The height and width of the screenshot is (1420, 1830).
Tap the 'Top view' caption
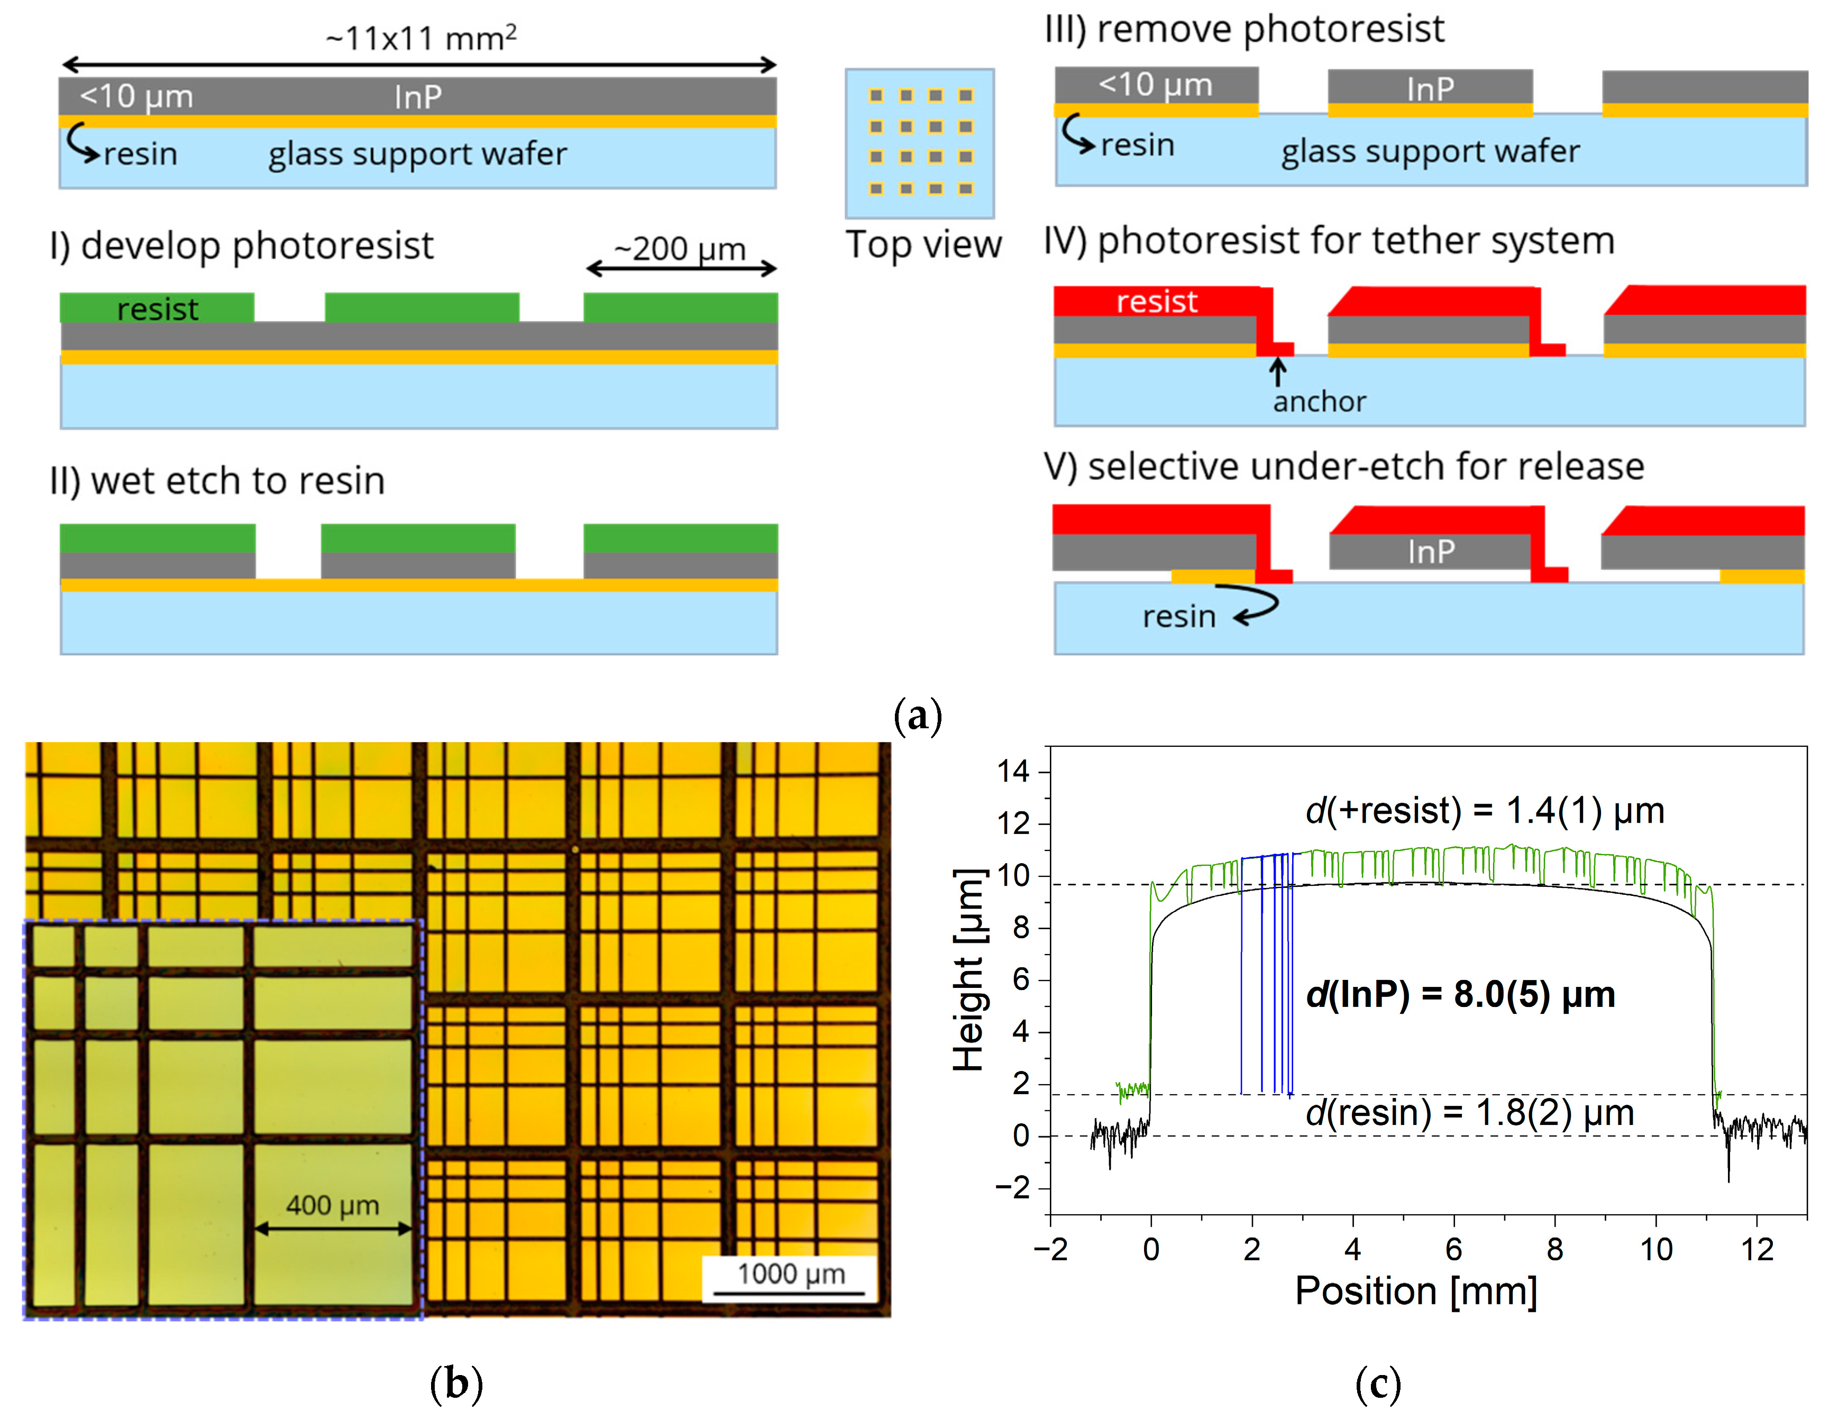point(923,245)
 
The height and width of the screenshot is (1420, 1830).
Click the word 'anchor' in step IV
point(1319,402)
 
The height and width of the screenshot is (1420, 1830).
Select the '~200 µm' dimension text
point(680,249)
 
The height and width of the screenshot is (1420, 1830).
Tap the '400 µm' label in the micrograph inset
point(333,1205)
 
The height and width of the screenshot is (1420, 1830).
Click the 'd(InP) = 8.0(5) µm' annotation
point(1460,994)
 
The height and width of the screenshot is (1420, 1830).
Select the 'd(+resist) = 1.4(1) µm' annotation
point(1484,810)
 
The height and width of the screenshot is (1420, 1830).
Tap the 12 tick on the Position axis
point(1757,1249)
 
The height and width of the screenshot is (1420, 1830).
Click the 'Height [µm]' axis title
point(968,970)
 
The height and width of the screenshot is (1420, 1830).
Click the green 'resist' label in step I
point(158,309)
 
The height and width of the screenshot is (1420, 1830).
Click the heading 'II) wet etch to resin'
point(217,481)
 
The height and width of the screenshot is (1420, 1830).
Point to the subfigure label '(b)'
point(456,1382)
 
